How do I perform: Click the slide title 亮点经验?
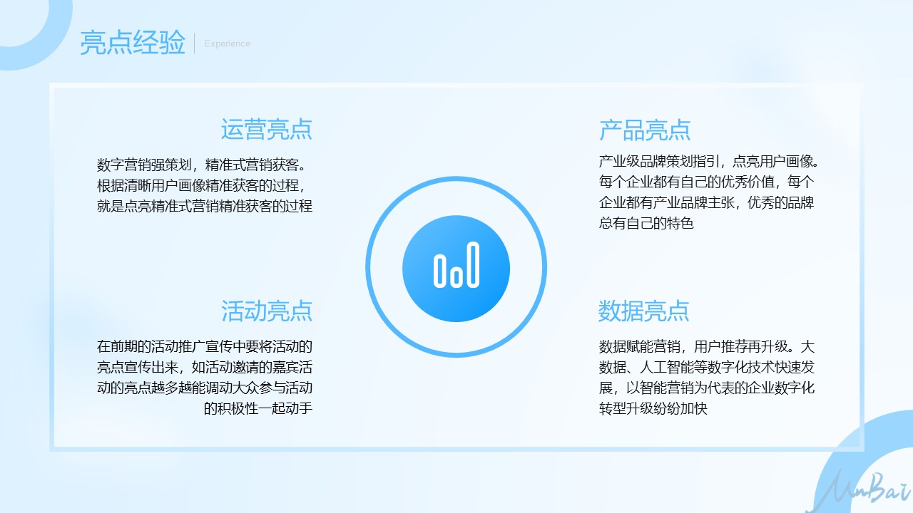tap(133, 43)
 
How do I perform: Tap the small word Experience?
tap(227, 43)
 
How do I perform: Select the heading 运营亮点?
tap(267, 130)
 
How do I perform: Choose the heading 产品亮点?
tap(644, 130)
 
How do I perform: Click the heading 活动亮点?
tap(267, 311)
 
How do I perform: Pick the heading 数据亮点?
tap(643, 311)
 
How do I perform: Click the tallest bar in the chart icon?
tap(473, 264)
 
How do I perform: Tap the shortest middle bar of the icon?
tap(456, 276)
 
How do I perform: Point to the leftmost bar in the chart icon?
tap(440, 271)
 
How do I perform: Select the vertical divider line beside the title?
tap(195, 43)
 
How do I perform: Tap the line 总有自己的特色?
tap(646, 223)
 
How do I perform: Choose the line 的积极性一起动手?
tap(258, 408)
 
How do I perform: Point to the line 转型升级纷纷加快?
tap(653, 408)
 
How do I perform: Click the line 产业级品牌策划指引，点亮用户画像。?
tap(709, 162)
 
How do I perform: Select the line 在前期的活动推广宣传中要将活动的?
tap(205, 346)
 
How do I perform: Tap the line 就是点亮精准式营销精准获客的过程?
tap(205, 206)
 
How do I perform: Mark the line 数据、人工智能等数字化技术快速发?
tap(707, 367)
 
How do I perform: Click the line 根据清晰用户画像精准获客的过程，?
tap(202, 186)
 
